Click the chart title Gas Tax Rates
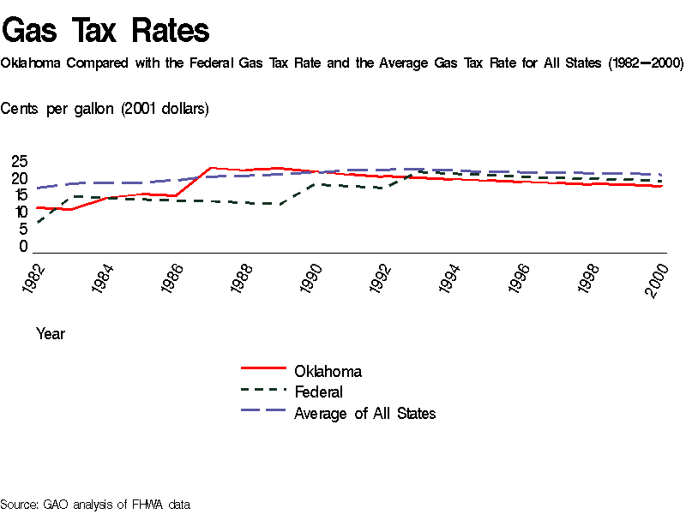[105, 31]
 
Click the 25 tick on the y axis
[19, 161]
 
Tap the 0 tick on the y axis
[23, 247]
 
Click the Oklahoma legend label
[328, 371]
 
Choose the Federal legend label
[318, 392]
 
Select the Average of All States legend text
[364, 414]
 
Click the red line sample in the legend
[262, 368]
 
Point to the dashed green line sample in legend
[262, 389]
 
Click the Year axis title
[51, 334]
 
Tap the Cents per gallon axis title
[105, 109]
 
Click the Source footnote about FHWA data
[94, 505]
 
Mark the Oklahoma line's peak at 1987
[211, 168]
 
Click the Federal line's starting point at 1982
[37, 223]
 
